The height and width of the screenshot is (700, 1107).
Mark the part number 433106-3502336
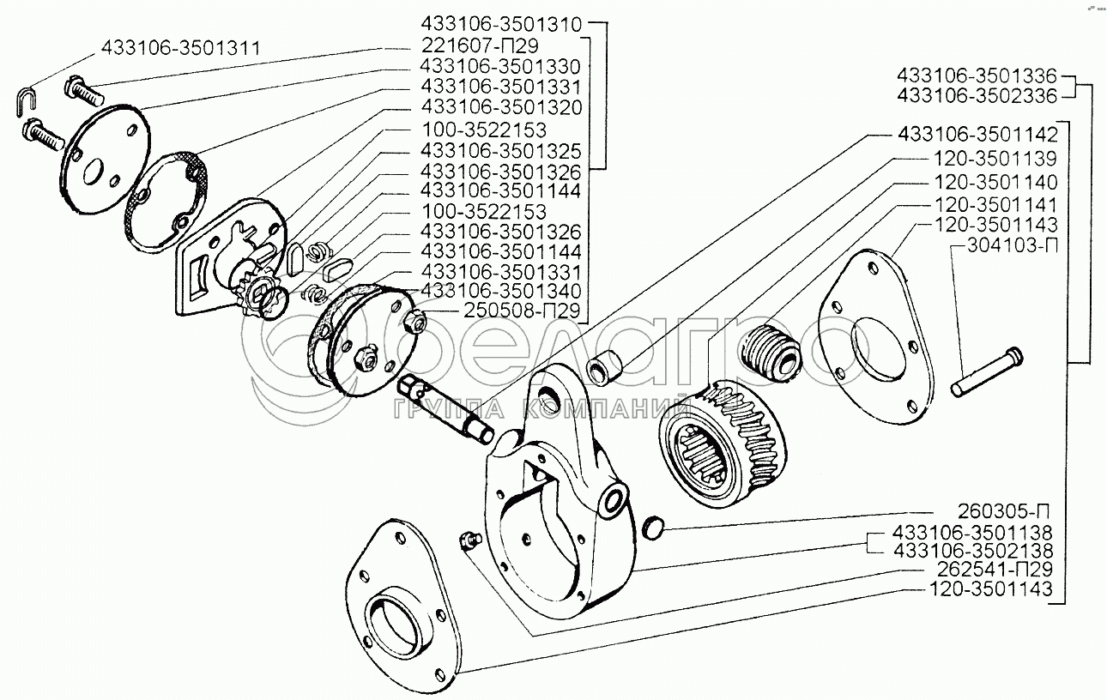click(977, 95)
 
